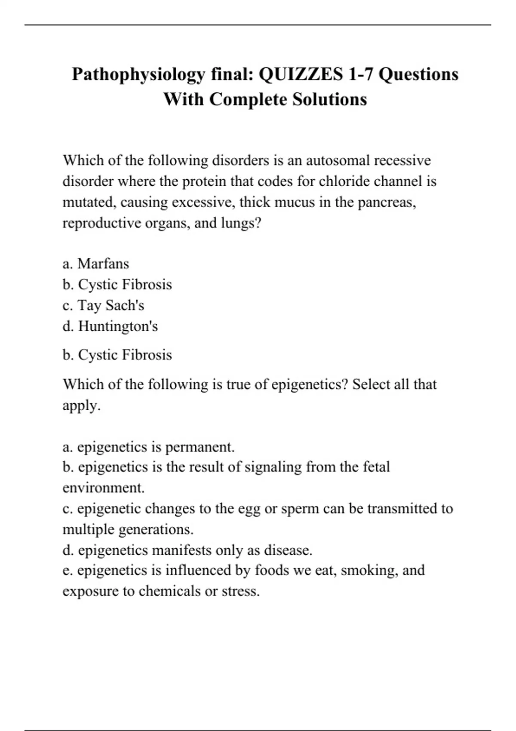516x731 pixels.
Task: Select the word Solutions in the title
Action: click(329, 99)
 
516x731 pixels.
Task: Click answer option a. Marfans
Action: click(96, 263)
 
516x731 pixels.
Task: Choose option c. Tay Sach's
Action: click(103, 305)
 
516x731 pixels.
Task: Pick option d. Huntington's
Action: click(110, 326)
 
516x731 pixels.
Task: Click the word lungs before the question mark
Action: click(239, 223)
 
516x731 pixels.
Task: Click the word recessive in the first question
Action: click(402, 160)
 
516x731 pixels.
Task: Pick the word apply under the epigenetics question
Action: click(80, 405)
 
